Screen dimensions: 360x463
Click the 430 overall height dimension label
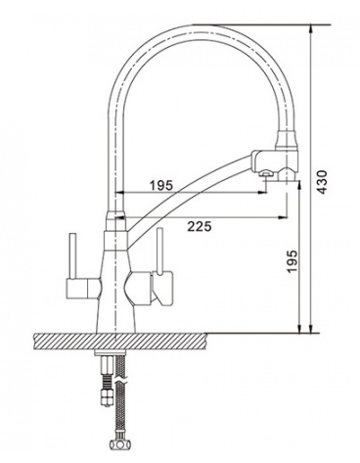click(322, 182)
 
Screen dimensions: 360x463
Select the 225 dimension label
click(200, 226)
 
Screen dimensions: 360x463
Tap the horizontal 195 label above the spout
click(160, 186)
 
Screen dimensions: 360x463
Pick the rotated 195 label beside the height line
click(292, 261)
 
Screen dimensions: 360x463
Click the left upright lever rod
click(72, 256)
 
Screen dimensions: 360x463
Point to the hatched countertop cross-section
click(120, 341)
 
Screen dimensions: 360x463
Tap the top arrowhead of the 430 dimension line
click(311, 29)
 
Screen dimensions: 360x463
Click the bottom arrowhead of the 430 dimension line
click(311, 329)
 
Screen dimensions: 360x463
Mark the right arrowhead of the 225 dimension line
click(283, 217)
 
